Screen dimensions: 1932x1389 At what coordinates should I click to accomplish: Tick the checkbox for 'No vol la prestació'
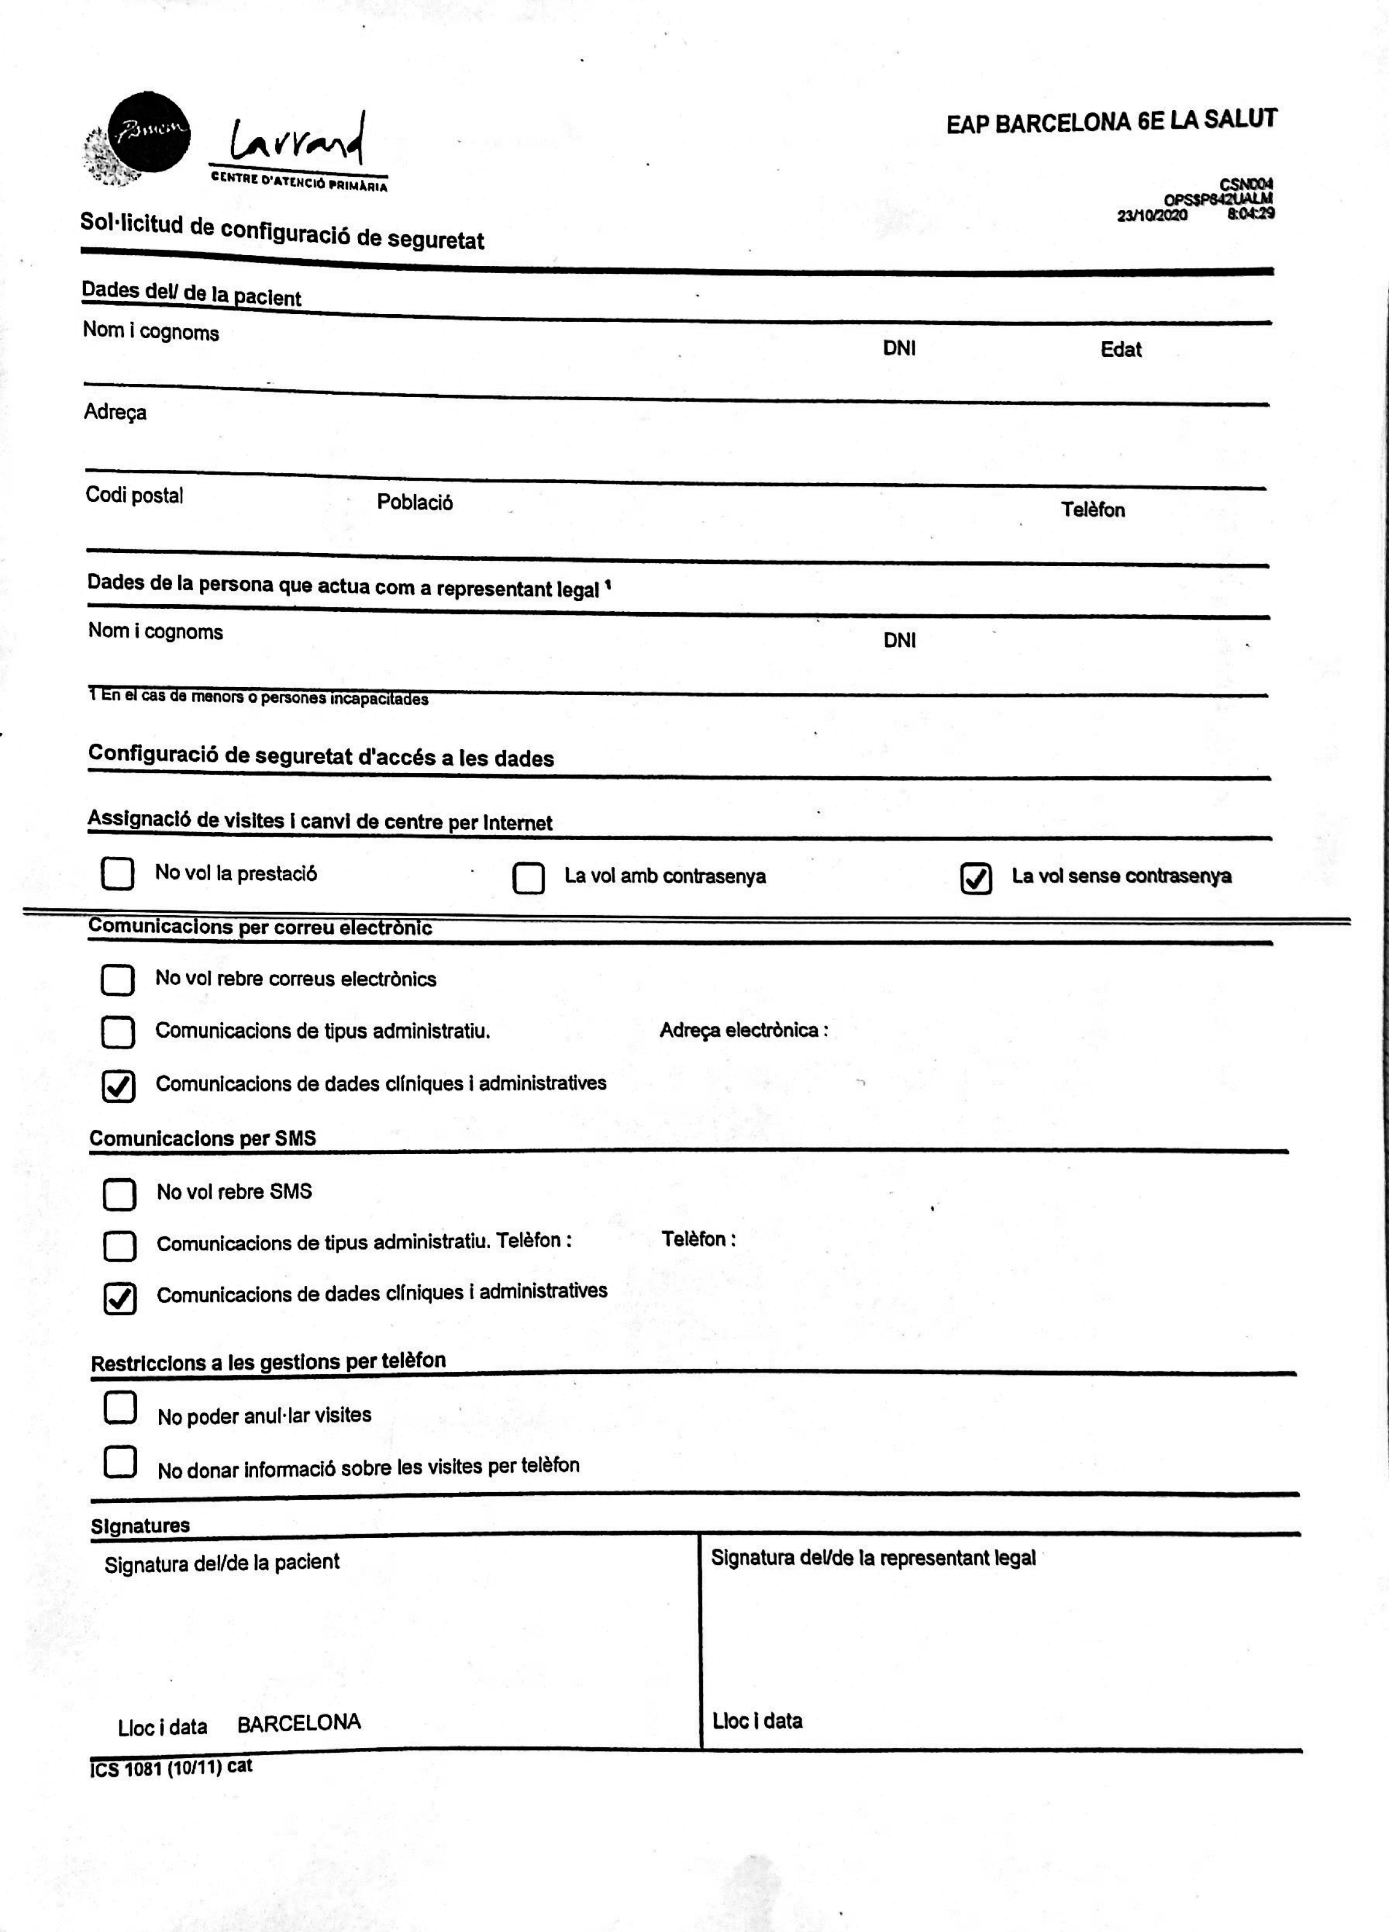[x=117, y=873]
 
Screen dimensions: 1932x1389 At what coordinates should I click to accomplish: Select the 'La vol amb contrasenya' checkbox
[x=528, y=878]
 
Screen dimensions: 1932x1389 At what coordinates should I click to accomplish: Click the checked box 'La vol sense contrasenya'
[x=976, y=878]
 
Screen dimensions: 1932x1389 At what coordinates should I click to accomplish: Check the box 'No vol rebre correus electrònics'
[x=117, y=980]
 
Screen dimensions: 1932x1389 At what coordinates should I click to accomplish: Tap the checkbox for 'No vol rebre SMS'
[x=119, y=1194]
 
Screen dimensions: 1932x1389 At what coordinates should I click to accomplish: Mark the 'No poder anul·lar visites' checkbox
[x=120, y=1408]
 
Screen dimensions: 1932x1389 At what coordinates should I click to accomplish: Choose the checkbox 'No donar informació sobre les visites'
[x=120, y=1461]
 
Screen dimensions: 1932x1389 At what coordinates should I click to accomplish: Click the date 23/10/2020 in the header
[x=1152, y=215]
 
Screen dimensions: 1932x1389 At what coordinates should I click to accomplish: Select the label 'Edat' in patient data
[x=1121, y=349]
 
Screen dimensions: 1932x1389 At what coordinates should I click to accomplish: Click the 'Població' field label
[x=415, y=502]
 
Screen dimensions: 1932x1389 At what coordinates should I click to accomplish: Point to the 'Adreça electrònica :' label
[x=744, y=1030]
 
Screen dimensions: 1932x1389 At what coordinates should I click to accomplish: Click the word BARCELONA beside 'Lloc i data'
[x=299, y=1723]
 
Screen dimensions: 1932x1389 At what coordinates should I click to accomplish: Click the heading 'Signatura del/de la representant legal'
[x=873, y=1558]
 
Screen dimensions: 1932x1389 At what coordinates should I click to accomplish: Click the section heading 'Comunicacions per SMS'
[x=203, y=1138]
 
